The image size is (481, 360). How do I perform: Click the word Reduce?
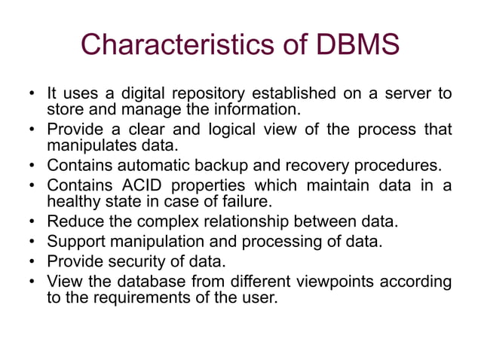click(x=73, y=223)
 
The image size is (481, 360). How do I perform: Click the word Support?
click(x=75, y=243)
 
